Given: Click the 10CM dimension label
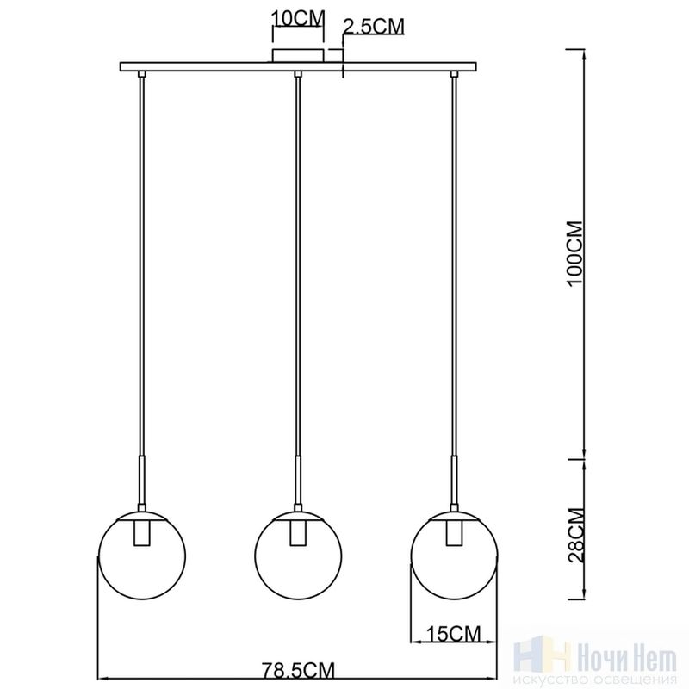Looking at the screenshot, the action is pos(298,19).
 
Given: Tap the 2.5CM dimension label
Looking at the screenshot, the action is pos(373,27).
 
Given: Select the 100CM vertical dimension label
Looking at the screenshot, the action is pos(575,254).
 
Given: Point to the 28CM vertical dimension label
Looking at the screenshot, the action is pos(575,535).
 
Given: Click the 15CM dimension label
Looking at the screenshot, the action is pos(454,634).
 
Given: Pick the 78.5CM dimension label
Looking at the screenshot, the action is pos(298,671).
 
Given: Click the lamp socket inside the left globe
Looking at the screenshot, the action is pos(141,533).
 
